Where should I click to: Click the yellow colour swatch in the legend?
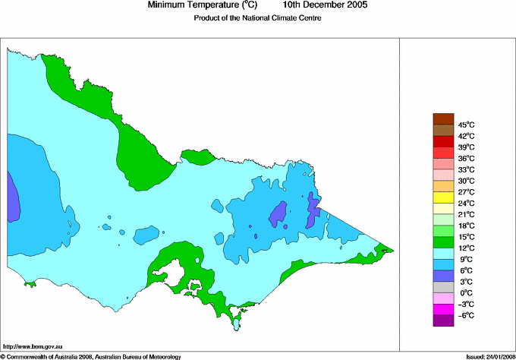coord(442,197)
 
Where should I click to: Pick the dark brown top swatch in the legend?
coord(442,118)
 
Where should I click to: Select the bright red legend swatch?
coord(442,153)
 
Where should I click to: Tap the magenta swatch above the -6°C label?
coord(442,310)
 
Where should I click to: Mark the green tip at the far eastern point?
coord(386,249)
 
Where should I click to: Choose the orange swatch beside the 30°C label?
coord(442,186)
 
